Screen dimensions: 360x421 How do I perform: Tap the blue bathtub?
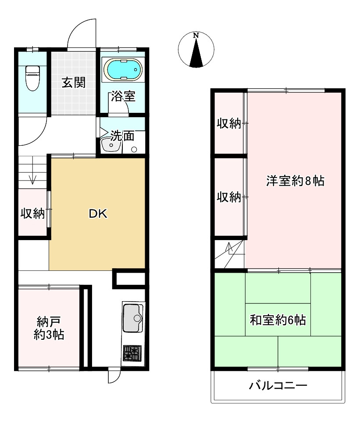coord(123,69)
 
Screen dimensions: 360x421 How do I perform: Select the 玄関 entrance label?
coord(74,83)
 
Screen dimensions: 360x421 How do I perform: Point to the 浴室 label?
coord(123,96)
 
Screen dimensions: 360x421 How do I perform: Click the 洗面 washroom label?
coord(122,136)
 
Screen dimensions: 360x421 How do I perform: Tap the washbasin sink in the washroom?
coord(111,145)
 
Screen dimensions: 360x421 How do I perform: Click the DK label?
coord(98,214)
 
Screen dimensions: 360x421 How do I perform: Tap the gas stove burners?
coord(132,353)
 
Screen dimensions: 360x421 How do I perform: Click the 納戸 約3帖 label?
coord(49,328)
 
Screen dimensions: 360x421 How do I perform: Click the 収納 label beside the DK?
coord(33,213)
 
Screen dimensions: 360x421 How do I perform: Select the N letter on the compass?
coord(196,35)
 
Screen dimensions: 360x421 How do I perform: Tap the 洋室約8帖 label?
coord(296,181)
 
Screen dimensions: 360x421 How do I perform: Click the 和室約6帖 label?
coord(278,320)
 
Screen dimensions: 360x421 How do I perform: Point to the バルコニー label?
coord(278,386)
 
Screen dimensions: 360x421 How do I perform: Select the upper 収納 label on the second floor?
coord(229,123)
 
